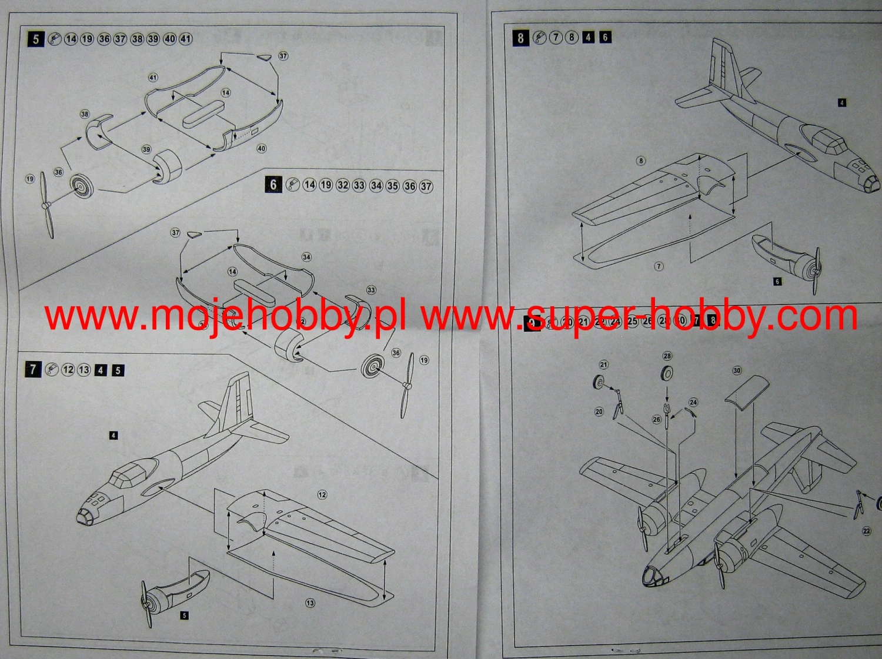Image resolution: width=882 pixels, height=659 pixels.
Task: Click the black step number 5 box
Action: coord(36,39)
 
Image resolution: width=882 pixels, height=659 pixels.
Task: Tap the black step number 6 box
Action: coord(273,185)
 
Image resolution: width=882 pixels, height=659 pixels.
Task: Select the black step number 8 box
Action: coord(520,38)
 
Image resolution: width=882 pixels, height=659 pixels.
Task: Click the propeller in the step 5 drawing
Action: coord(46,205)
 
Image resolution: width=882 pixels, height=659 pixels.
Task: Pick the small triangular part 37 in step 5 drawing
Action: coord(264,57)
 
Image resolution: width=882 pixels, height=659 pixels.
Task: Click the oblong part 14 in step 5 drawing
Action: coord(203,114)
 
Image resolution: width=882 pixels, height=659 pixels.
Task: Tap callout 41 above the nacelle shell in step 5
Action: coord(153,78)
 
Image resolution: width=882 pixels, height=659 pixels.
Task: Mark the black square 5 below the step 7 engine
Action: coord(185,615)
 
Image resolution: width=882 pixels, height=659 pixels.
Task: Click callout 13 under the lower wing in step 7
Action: coord(310,603)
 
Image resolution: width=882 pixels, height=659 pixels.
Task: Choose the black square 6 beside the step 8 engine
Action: coord(777,282)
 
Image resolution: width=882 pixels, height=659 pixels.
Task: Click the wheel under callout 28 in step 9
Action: coord(667,373)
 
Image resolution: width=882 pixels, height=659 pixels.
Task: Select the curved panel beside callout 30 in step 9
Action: coord(747,392)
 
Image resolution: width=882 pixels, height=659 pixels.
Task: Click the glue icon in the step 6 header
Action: coord(292,185)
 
